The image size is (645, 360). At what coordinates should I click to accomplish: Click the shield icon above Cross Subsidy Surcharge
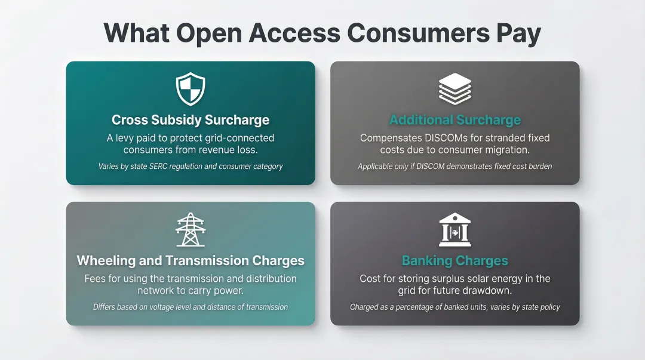tap(191, 89)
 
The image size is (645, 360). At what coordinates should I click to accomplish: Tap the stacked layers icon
tap(455, 89)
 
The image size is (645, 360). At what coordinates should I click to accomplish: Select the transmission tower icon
tap(191, 230)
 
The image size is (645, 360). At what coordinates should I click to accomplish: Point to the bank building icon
tap(455, 230)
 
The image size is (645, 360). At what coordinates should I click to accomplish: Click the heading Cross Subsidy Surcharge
tap(191, 120)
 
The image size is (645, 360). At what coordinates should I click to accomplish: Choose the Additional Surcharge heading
tap(455, 120)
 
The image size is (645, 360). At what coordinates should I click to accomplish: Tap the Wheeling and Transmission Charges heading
tap(191, 261)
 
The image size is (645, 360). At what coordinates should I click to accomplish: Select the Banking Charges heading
tap(455, 261)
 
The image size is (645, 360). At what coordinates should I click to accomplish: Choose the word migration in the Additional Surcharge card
tap(503, 150)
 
